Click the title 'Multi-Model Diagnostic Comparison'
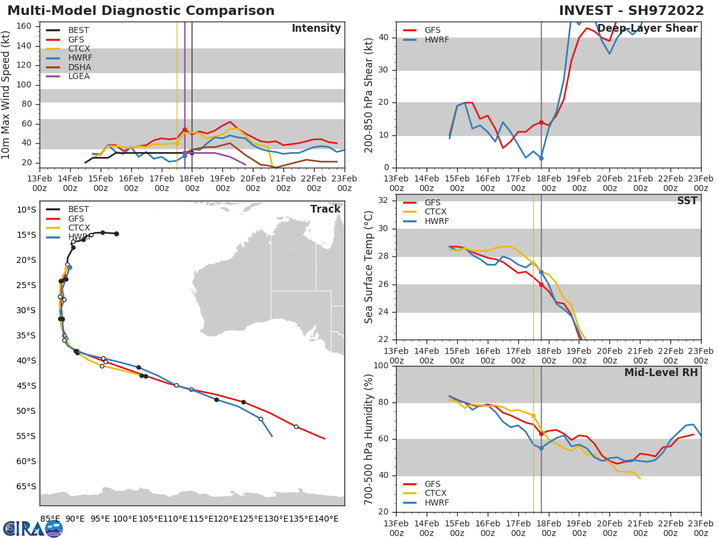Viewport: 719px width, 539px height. pyautogui.click(x=141, y=11)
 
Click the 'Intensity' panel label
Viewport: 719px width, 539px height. pyautogui.click(x=316, y=29)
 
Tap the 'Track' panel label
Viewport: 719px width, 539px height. pyautogui.click(x=325, y=209)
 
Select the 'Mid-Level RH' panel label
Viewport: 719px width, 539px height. pyautogui.click(x=661, y=373)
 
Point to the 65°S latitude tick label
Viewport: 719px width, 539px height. pyautogui.click(x=25, y=486)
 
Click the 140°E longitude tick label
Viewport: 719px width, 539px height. pyautogui.click(x=327, y=519)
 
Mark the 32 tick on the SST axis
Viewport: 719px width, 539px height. pyautogui.click(x=383, y=200)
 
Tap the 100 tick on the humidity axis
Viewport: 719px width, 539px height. pyautogui.click(x=379, y=366)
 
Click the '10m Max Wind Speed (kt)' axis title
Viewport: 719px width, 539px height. pyautogui.click(x=7, y=95)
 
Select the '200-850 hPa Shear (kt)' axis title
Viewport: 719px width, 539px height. pyautogui.click(x=369, y=95)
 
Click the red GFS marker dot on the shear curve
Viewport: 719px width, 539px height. pyautogui.click(x=541, y=122)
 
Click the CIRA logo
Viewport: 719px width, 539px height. pyautogui.click(x=32, y=528)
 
